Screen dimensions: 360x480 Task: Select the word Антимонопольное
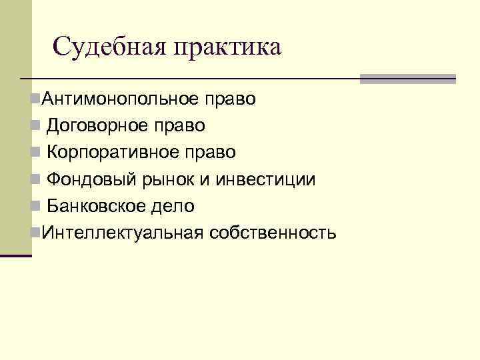119,100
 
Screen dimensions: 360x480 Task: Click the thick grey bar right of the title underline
407,79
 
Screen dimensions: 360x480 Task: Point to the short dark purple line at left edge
16,255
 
